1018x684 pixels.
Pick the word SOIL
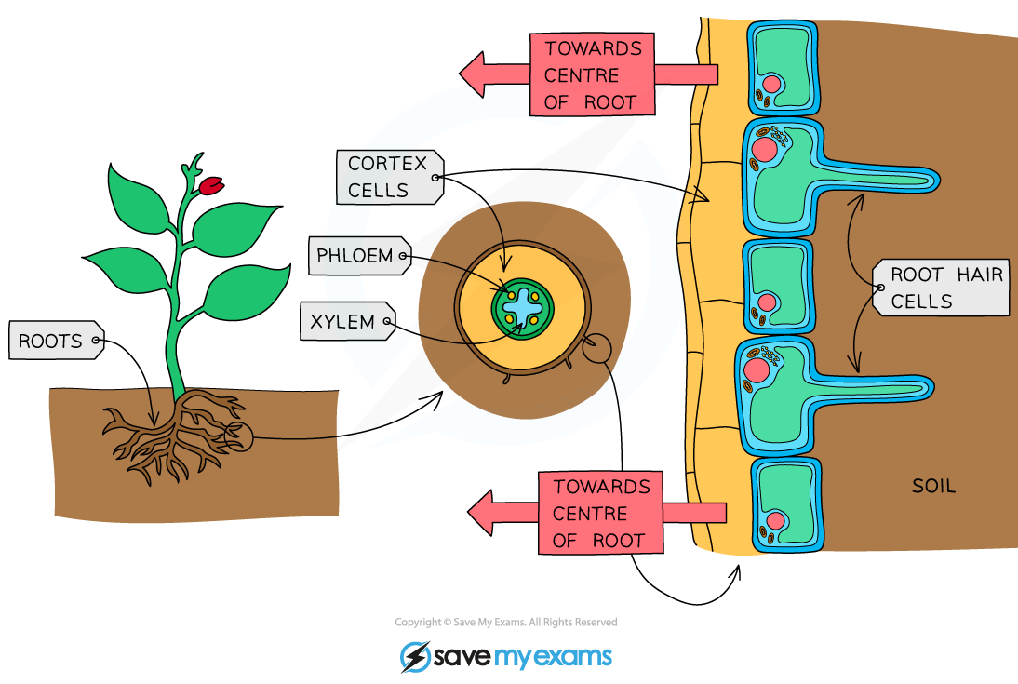933,486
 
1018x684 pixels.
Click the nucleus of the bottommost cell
772,520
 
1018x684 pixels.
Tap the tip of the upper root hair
938,177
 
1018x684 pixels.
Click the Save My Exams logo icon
415,656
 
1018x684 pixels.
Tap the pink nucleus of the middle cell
767,302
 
